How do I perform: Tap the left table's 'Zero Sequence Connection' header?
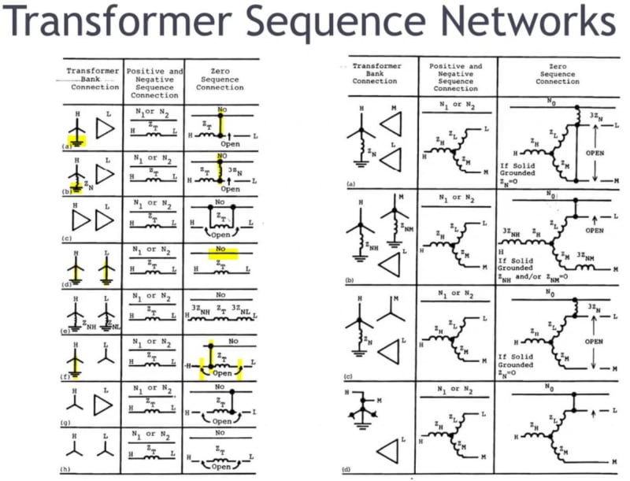pos(220,77)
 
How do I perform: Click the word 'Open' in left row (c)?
pos(220,233)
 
